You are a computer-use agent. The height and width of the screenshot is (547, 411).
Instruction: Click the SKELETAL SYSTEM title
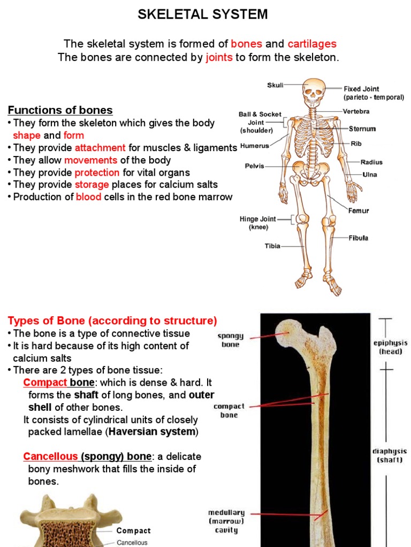203,15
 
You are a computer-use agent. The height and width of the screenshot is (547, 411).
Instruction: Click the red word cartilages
312,44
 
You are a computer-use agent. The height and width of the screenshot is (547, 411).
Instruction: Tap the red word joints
219,58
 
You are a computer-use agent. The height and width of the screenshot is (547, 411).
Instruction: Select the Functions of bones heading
60,111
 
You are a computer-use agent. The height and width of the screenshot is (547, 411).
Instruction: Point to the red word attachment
100,148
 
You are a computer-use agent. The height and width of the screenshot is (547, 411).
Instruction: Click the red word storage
92,185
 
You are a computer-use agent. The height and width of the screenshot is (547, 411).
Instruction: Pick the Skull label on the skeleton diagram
275,85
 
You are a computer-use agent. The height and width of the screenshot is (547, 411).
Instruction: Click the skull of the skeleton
313,92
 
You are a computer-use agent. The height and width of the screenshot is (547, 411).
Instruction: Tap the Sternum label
362,129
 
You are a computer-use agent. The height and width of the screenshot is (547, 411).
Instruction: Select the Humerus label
254,145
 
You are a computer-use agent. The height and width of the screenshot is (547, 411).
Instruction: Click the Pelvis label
255,166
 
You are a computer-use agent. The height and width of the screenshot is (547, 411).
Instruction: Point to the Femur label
359,210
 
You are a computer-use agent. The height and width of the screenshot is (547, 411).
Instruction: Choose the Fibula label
359,238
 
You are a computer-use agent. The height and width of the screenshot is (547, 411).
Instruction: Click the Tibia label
272,246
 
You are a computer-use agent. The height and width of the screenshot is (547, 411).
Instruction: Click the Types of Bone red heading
112,321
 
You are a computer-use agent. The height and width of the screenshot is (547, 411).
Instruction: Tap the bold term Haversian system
153,432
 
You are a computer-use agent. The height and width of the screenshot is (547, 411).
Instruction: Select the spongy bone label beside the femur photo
231,340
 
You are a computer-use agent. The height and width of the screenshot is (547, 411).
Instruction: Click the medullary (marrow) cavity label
226,521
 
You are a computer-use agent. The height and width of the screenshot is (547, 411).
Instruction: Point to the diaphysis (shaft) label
390,455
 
